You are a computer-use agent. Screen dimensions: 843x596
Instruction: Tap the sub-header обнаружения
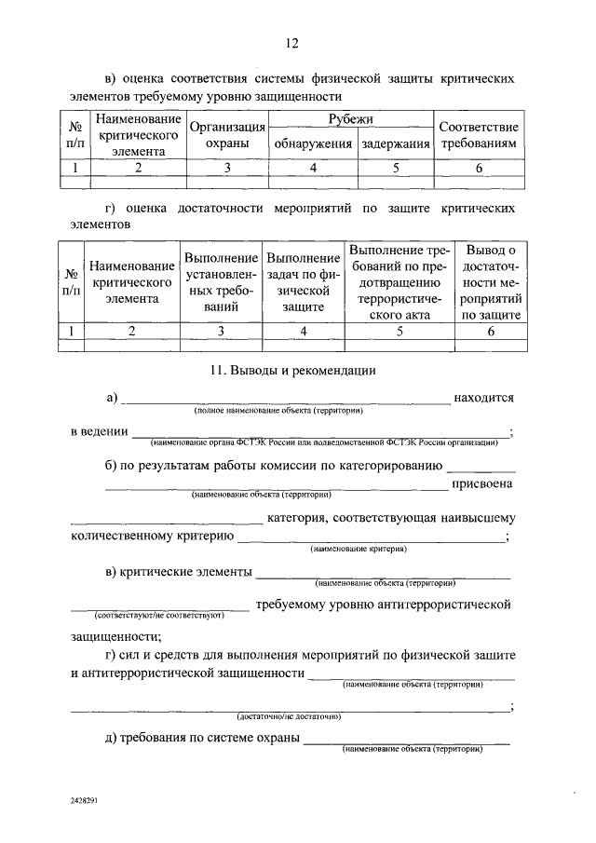coord(313,144)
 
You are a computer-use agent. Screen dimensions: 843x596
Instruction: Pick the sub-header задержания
coord(396,144)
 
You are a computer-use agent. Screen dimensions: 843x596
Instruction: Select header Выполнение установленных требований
coord(221,286)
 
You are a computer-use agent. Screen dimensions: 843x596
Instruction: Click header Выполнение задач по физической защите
coord(302,286)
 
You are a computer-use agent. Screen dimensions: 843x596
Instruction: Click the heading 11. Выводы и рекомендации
coord(292,371)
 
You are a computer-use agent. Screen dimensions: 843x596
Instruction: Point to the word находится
coord(483,398)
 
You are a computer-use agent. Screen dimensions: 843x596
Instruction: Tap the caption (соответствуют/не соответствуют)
coord(157,617)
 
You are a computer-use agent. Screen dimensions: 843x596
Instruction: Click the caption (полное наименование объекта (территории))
coord(278,411)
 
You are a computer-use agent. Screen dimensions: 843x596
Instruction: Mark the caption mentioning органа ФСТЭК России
coord(321,443)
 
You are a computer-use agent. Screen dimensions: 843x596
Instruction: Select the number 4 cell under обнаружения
coord(313,168)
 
